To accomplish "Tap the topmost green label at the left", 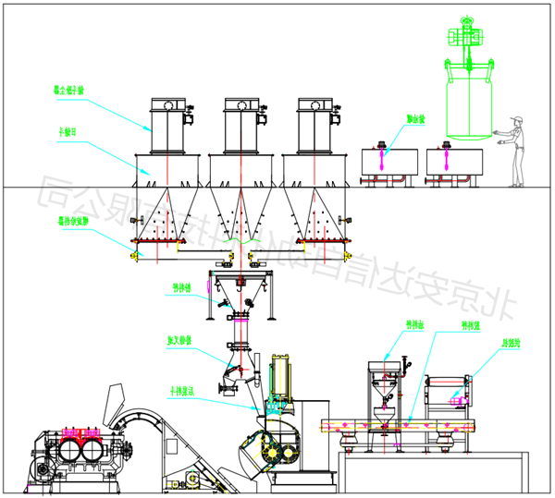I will point(69,91).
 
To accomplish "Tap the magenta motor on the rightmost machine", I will point(456,398).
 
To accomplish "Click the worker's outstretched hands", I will point(498,136).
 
